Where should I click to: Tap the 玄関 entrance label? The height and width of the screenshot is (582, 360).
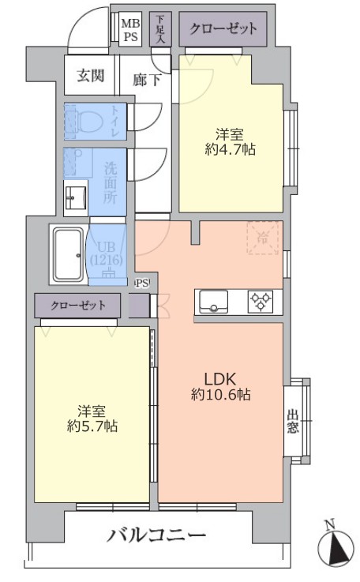tap(90, 77)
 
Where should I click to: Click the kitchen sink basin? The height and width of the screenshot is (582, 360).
tap(213, 301)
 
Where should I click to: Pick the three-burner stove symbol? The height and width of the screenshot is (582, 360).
tap(260, 301)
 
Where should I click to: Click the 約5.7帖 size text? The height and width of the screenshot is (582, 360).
tap(92, 426)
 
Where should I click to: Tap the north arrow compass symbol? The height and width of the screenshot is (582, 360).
tap(336, 545)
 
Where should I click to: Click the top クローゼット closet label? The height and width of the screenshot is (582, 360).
tap(223, 29)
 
